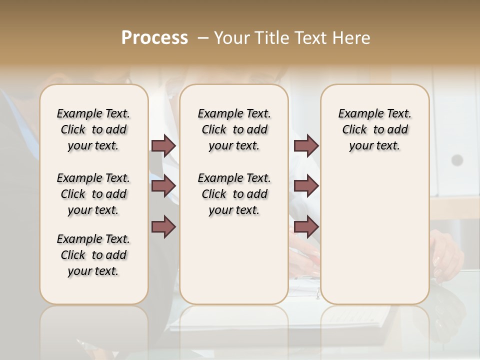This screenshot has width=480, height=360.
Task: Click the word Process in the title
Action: tap(154, 38)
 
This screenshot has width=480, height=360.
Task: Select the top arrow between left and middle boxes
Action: tap(163, 145)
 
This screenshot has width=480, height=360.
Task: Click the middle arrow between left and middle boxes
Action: tap(163, 186)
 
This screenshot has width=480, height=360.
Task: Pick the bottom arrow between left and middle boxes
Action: tap(163, 227)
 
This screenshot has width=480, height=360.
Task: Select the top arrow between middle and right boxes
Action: tap(306, 145)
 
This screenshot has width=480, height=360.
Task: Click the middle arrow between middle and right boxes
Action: tap(306, 186)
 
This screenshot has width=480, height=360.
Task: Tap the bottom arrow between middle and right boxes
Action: tap(306, 227)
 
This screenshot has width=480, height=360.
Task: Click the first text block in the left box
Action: tap(93, 129)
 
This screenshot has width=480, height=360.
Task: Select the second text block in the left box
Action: tap(93, 194)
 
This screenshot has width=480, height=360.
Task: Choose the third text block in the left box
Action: tap(93, 255)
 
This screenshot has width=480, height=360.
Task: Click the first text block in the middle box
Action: tap(234, 129)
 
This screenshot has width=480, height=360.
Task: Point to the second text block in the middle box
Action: tap(234, 194)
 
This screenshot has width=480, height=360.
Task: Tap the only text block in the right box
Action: tap(375, 129)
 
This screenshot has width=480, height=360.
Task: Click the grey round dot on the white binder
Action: tap(457, 160)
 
